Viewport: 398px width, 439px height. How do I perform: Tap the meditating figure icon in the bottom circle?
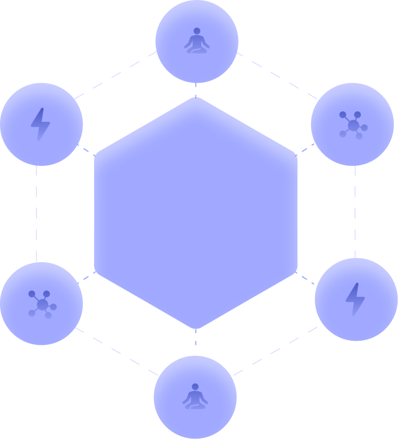pyautogui.click(x=195, y=396)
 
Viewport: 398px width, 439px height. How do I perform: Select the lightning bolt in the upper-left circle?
pyautogui.click(x=40, y=124)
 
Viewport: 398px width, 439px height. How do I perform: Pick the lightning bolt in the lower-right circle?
pyautogui.click(x=355, y=299)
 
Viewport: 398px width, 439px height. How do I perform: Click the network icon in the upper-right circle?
pyautogui.click(x=353, y=125)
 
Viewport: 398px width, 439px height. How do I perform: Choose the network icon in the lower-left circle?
pyautogui.click(x=42, y=304)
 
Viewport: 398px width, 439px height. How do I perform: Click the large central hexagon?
pyautogui.click(x=196, y=213)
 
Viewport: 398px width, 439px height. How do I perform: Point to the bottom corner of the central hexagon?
pyautogui.click(x=196, y=328)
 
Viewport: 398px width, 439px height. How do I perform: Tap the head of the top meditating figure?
pyautogui.click(x=196, y=33)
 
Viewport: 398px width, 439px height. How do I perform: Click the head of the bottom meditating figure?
pyautogui.click(x=195, y=387)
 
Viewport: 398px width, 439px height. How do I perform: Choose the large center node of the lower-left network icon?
pyautogui.click(x=43, y=304)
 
